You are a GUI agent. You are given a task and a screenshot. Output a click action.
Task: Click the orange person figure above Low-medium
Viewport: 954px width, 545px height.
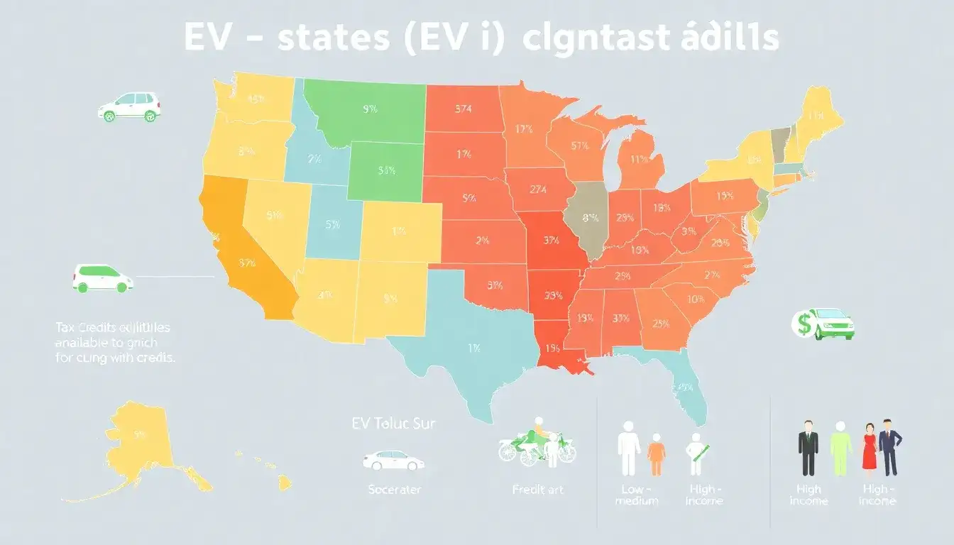(655, 454)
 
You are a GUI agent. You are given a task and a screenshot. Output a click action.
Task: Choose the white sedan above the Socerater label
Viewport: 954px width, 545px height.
(394, 461)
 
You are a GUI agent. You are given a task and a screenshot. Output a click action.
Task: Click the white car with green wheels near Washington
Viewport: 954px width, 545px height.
(129, 106)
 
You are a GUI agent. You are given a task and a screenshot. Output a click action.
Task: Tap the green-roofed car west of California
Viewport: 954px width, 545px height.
(103, 278)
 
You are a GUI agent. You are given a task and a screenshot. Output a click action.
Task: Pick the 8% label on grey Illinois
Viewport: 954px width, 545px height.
(590, 219)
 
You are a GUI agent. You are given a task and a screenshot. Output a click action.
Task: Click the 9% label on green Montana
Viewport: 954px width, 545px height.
(369, 110)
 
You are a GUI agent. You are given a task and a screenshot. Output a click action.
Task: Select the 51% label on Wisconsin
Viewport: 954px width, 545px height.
(579, 146)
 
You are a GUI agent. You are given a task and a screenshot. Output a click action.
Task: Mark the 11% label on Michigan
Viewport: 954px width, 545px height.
(640, 160)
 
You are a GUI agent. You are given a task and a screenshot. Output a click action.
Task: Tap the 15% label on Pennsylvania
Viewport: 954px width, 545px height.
(725, 195)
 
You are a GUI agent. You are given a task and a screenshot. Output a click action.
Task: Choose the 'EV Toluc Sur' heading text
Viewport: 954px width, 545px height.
(393, 424)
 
